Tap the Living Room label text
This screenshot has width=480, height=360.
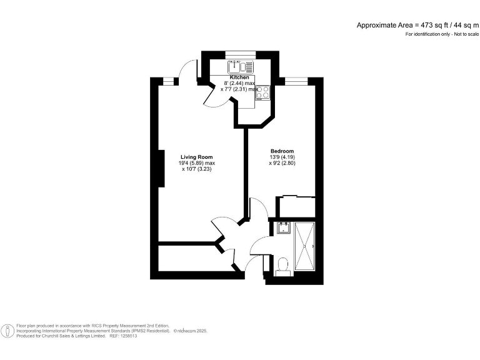point(197,157)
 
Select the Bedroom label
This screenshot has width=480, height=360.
point(282,151)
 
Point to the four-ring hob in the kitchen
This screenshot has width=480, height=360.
point(263,92)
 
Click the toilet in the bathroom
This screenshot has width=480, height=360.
point(281,266)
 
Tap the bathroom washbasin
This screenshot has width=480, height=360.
point(282,227)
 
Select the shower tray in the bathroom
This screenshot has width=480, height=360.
point(306,246)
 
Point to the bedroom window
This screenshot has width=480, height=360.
point(296,79)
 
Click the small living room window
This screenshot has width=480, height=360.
point(168,79)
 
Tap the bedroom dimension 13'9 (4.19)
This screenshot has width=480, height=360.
point(282,157)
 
